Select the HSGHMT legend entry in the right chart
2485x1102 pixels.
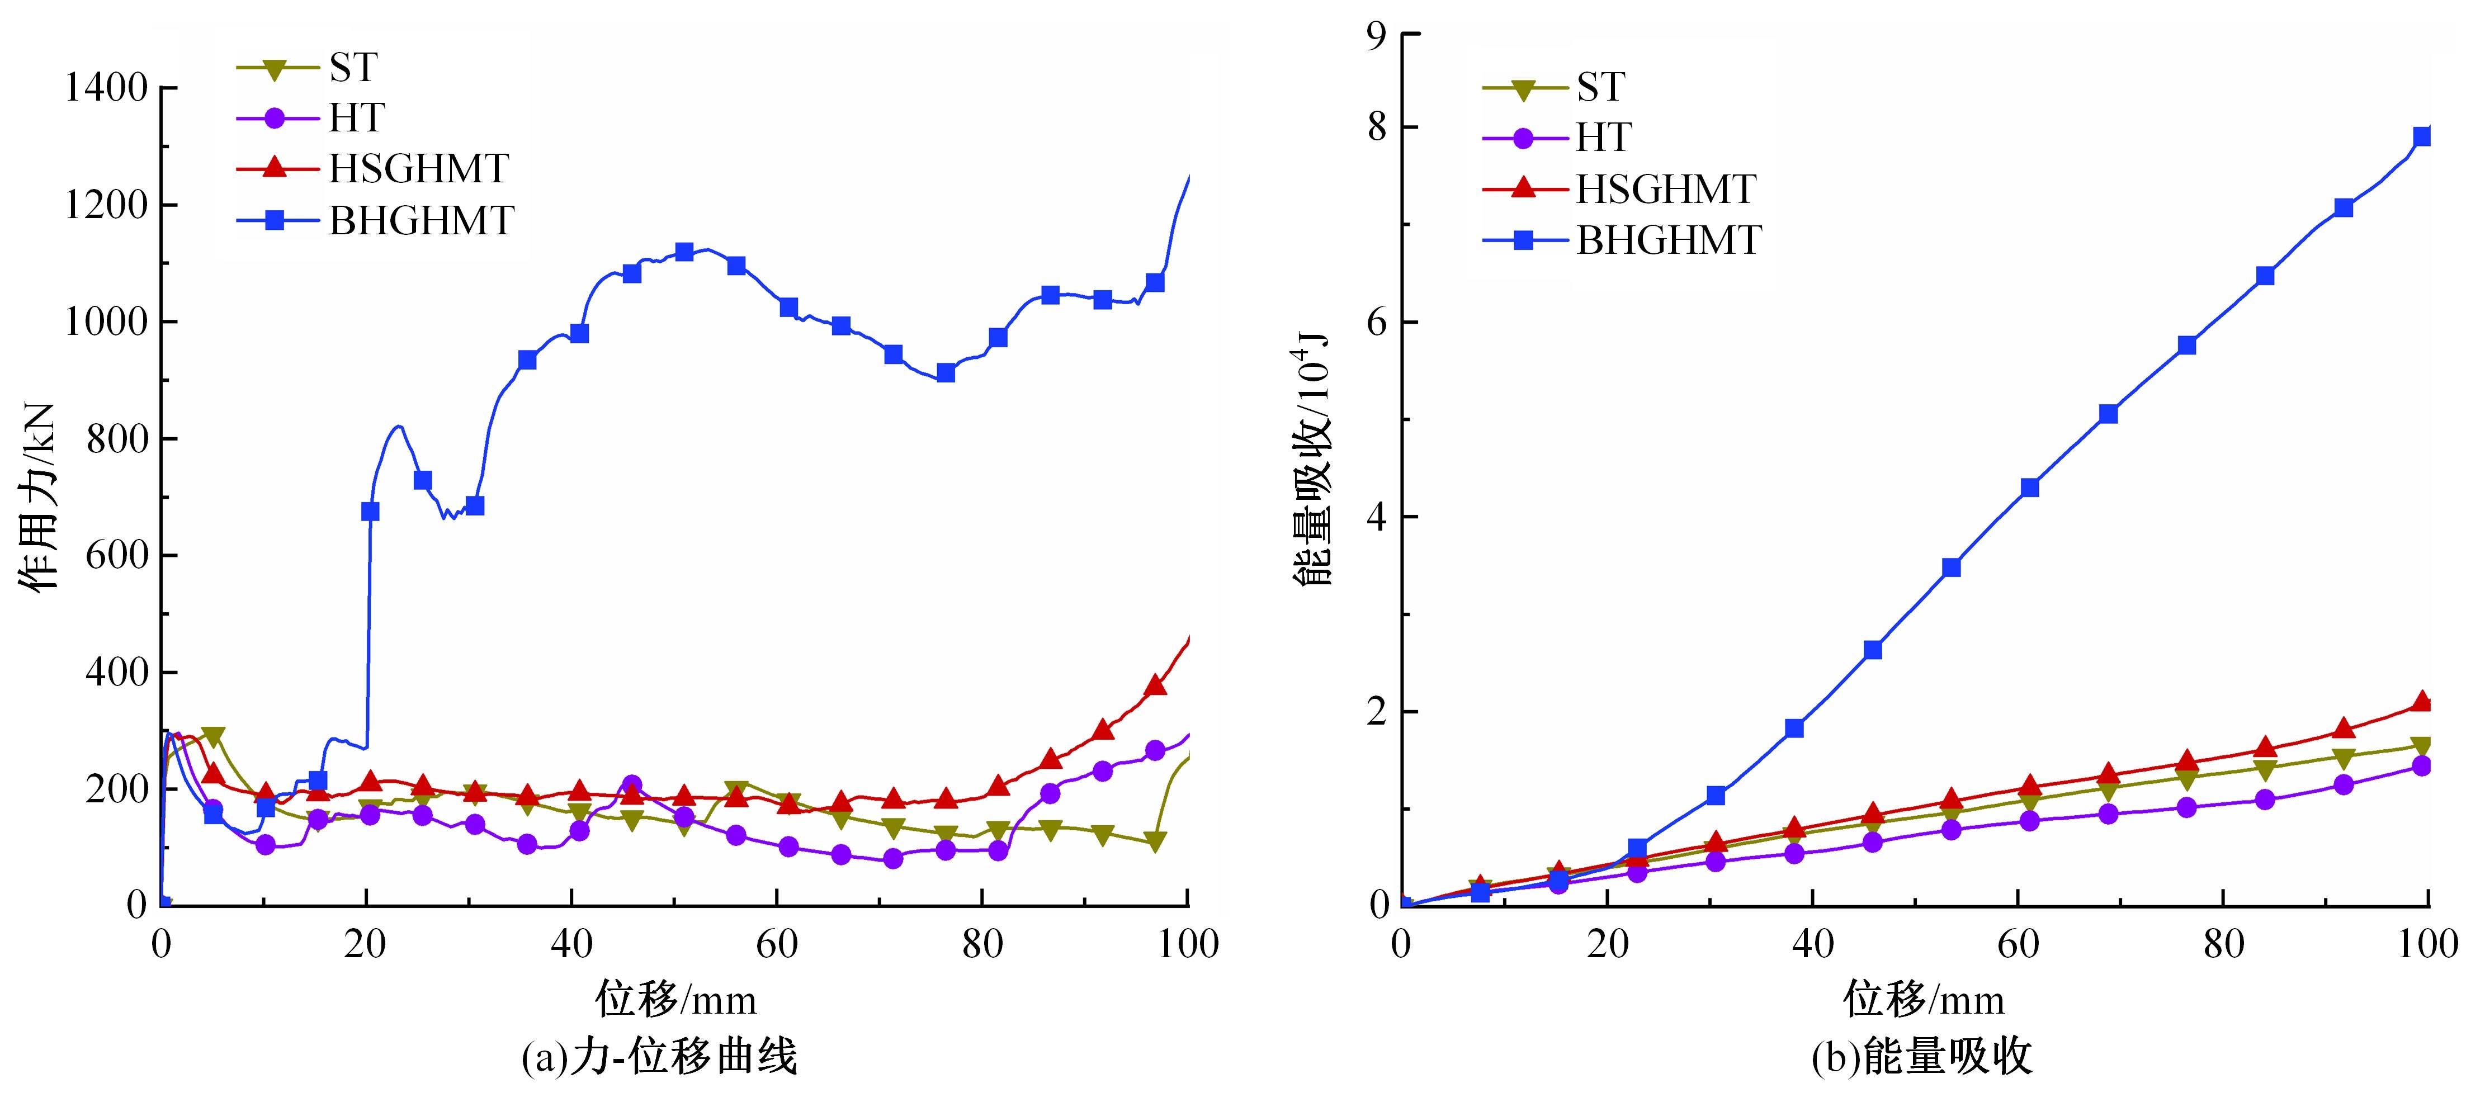tap(1665, 189)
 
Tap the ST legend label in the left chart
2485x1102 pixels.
tap(353, 68)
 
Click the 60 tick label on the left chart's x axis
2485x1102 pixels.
tap(777, 944)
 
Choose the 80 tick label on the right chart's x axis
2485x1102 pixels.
tap(2223, 944)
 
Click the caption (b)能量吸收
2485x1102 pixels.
tap(1922, 1058)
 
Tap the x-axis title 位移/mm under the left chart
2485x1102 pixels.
tap(675, 999)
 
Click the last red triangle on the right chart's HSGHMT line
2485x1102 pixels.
tap(2421, 702)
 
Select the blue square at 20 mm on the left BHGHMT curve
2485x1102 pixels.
tap(370, 511)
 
